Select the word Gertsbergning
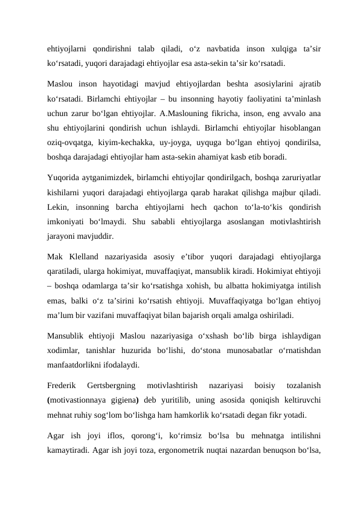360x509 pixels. coord(112,385)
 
